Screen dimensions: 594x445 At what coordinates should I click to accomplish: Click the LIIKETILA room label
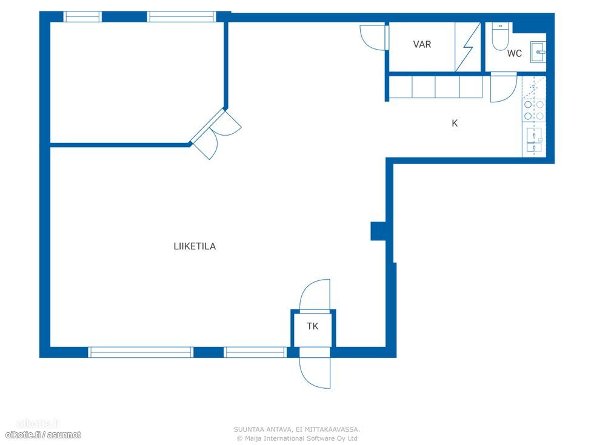click(x=195, y=246)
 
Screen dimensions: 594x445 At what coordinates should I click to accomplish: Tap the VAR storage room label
click(x=422, y=44)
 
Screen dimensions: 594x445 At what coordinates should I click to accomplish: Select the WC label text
click(x=515, y=54)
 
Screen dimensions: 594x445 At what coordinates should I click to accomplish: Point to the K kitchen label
click(x=455, y=123)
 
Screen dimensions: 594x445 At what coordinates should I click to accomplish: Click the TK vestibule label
click(x=313, y=326)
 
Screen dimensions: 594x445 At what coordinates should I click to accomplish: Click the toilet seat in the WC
click(x=499, y=37)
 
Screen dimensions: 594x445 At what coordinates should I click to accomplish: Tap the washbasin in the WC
click(x=538, y=52)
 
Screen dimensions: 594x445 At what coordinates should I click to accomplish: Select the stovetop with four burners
click(x=534, y=110)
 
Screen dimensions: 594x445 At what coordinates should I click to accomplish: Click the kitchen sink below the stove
click(x=534, y=140)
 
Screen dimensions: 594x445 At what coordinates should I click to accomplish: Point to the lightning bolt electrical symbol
click(x=468, y=47)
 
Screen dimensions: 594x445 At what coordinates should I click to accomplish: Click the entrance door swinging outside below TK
click(x=315, y=372)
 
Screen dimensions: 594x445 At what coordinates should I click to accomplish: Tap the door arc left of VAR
click(x=372, y=37)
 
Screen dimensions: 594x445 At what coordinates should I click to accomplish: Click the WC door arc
click(x=504, y=88)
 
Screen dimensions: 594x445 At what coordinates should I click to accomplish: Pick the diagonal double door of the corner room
click(x=216, y=133)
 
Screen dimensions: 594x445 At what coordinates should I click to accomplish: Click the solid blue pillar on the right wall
click(x=378, y=231)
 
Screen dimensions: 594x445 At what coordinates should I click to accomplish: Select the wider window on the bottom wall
click(x=141, y=352)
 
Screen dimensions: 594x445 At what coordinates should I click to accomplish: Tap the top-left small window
click(x=82, y=17)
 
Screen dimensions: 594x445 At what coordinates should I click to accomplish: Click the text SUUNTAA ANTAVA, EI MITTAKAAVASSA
click(x=296, y=429)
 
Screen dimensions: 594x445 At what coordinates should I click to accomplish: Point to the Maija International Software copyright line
click(x=296, y=438)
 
